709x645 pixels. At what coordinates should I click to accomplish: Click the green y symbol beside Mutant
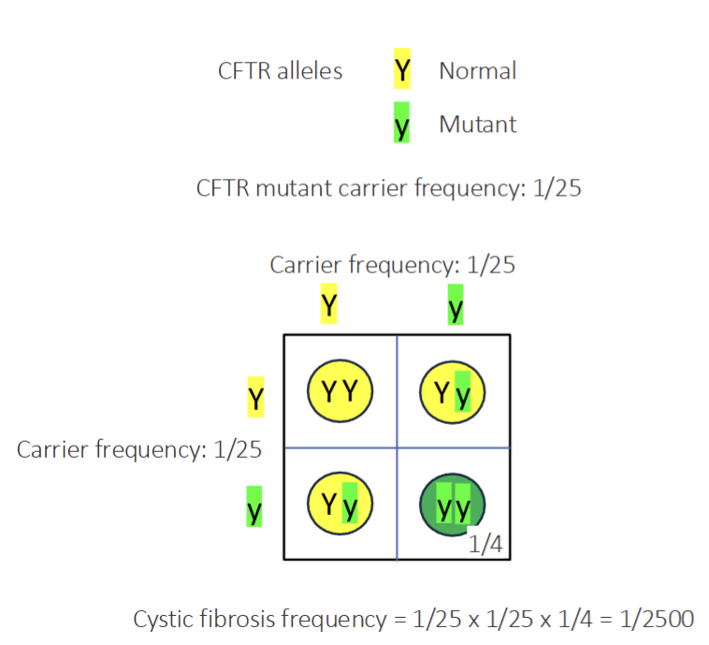click(x=402, y=124)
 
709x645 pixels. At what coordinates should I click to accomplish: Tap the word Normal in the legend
click(x=477, y=70)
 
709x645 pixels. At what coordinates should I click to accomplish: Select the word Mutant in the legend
click(x=477, y=124)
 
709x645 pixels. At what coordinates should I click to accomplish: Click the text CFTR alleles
click(x=280, y=70)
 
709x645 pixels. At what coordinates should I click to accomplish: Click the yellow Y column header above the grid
click(x=328, y=305)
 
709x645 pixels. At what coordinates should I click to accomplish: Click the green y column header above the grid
click(x=456, y=305)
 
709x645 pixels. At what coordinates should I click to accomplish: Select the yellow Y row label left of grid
click(x=254, y=398)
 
